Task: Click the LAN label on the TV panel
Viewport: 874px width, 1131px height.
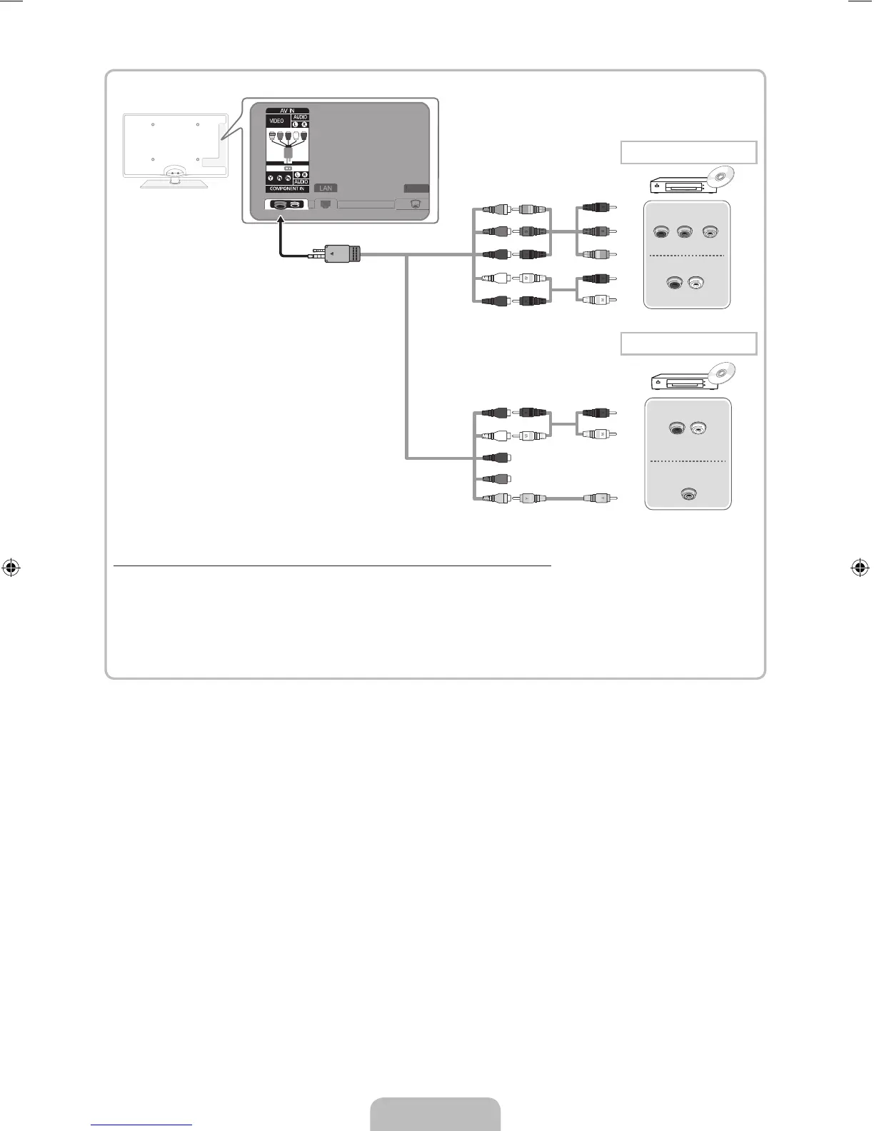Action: coord(326,188)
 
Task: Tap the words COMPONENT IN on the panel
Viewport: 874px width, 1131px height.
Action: coord(287,189)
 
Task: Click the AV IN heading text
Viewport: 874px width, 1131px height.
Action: coord(287,111)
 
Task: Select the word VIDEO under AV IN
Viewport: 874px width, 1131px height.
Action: coord(276,121)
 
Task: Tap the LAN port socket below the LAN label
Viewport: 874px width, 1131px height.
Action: coord(326,203)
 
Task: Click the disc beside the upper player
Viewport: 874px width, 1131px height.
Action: coord(723,176)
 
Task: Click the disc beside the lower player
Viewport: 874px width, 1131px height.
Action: coord(723,373)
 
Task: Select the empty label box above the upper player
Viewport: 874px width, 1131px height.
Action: coord(688,152)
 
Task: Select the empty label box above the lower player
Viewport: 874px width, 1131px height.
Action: coord(688,343)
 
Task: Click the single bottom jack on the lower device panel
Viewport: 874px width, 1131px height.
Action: coord(688,494)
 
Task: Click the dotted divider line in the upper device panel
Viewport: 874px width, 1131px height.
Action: coord(687,255)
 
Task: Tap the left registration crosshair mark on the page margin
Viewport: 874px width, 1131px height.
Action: coord(11,568)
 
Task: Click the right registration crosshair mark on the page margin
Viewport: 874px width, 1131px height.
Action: coord(860,568)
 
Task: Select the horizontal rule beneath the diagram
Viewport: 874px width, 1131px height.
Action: coord(332,565)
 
